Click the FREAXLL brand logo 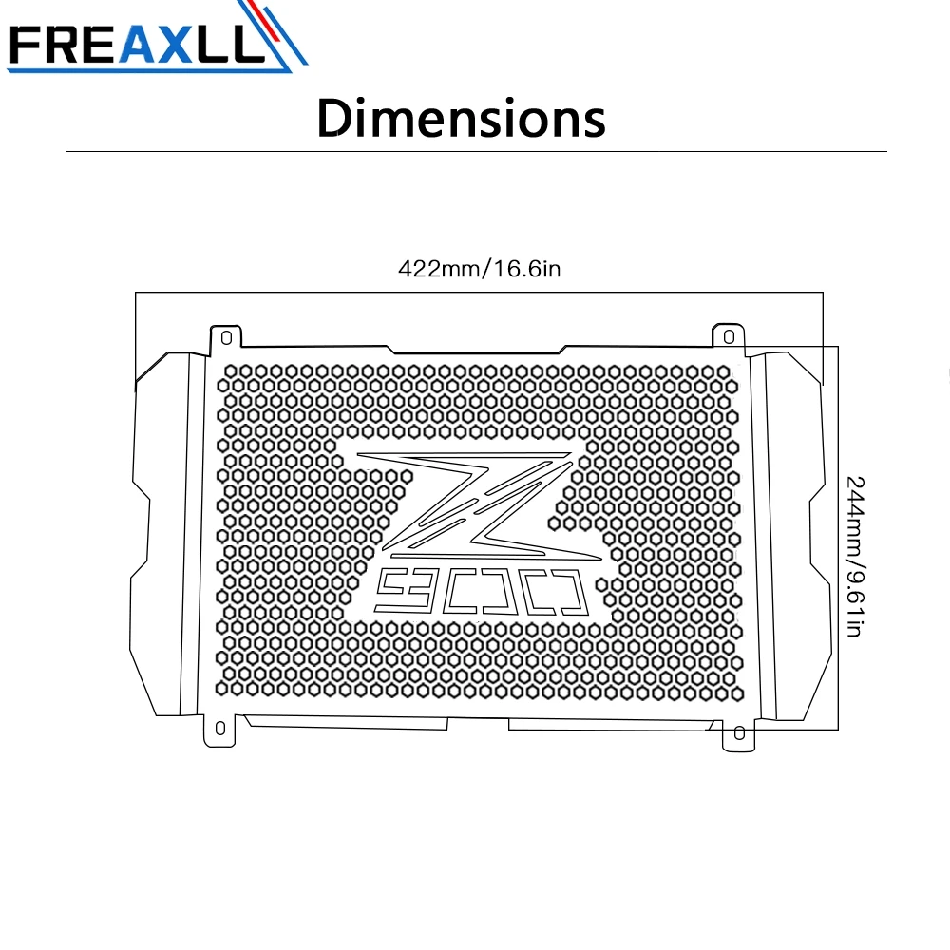[x=157, y=38]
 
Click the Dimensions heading [x=461, y=118]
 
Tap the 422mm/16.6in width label [x=479, y=269]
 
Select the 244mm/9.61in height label [x=855, y=556]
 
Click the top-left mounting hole [x=227, y=337]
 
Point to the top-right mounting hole [x=729, y=336]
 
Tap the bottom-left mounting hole [x=220, y=728]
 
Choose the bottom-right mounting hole [x=739, y=733]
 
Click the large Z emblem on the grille [x=479, y=504]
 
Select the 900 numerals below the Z [x=483, y=592]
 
